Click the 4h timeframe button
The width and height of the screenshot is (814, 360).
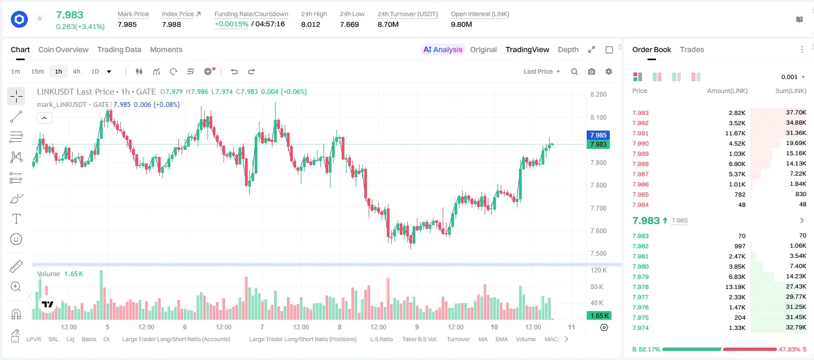(76, 71)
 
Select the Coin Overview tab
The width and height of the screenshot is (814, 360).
(63, 50)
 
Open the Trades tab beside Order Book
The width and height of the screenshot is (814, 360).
(691, 50)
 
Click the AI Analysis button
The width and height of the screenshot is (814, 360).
(443, 50)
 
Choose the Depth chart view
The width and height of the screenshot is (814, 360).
(568, 50)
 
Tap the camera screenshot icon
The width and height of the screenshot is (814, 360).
(591, 71)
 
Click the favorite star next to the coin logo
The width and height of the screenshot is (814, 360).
(40, 18)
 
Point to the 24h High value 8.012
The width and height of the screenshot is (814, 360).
(311, 25)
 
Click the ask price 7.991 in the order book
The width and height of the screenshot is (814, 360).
(640, 133)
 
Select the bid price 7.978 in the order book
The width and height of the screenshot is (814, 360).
(640, 287)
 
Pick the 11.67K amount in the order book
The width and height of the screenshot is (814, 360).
(735, 133)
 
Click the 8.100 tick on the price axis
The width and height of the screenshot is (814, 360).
(598, 118)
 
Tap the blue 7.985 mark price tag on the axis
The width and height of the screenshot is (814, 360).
(598, 135)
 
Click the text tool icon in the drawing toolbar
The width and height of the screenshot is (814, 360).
(16, 219)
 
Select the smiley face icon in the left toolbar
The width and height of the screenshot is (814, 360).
(16, 239)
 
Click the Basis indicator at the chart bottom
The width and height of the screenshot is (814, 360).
(89, 339)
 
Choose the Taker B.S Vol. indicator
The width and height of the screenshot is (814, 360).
(419, 339)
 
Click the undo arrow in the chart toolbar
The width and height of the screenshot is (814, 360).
(234, 71)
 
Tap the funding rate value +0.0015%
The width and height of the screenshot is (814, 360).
(232, 24)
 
